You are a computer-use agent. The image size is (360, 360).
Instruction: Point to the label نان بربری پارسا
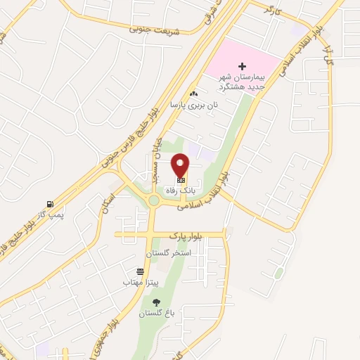point(194,104)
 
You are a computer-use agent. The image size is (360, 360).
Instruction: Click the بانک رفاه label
point(178,191)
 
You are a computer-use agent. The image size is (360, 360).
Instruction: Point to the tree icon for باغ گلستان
point(155,303)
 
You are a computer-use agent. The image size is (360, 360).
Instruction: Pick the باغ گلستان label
point(156,314)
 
